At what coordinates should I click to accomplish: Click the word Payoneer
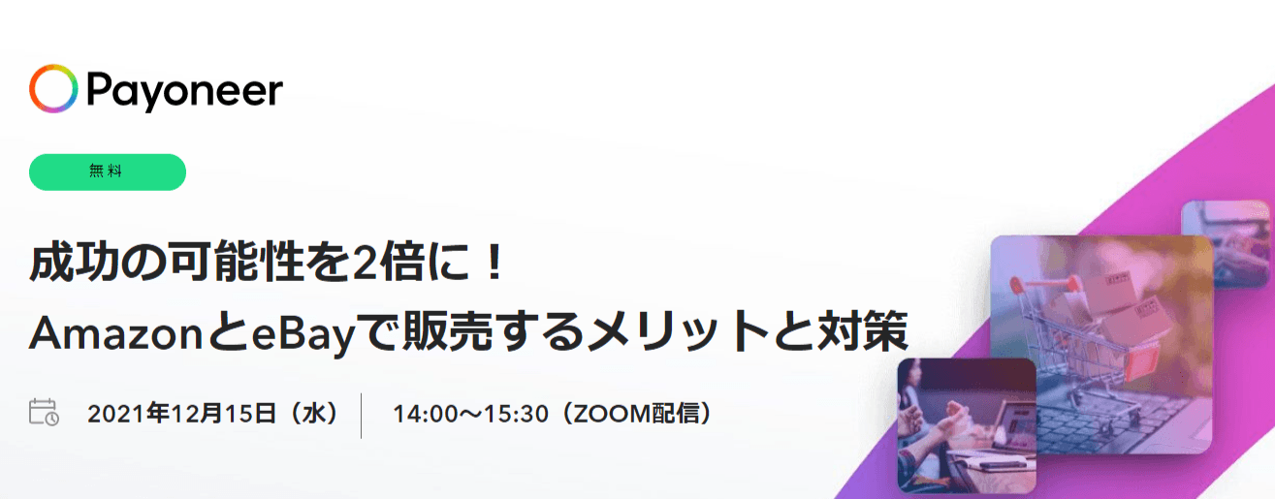coord(184,91)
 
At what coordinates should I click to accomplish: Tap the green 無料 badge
coord(108,172)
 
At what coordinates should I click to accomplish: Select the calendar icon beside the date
coord(44,412)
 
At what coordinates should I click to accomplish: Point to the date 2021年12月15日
coord(182,414)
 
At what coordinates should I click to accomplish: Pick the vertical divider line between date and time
coord(362,416)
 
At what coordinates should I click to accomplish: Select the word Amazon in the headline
coord(116,334)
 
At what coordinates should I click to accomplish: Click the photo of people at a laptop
coord(967,425)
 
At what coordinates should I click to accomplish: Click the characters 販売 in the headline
coord(448,331)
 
